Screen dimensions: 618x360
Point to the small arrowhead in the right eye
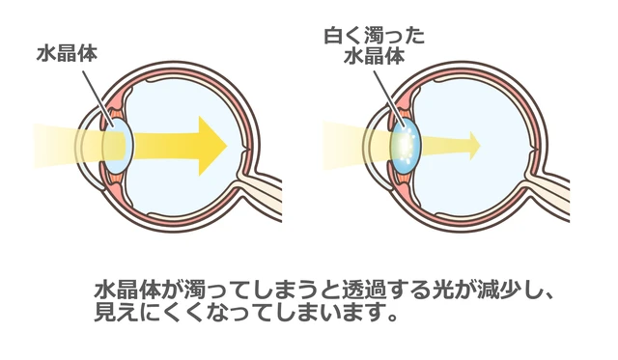point(471,143)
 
